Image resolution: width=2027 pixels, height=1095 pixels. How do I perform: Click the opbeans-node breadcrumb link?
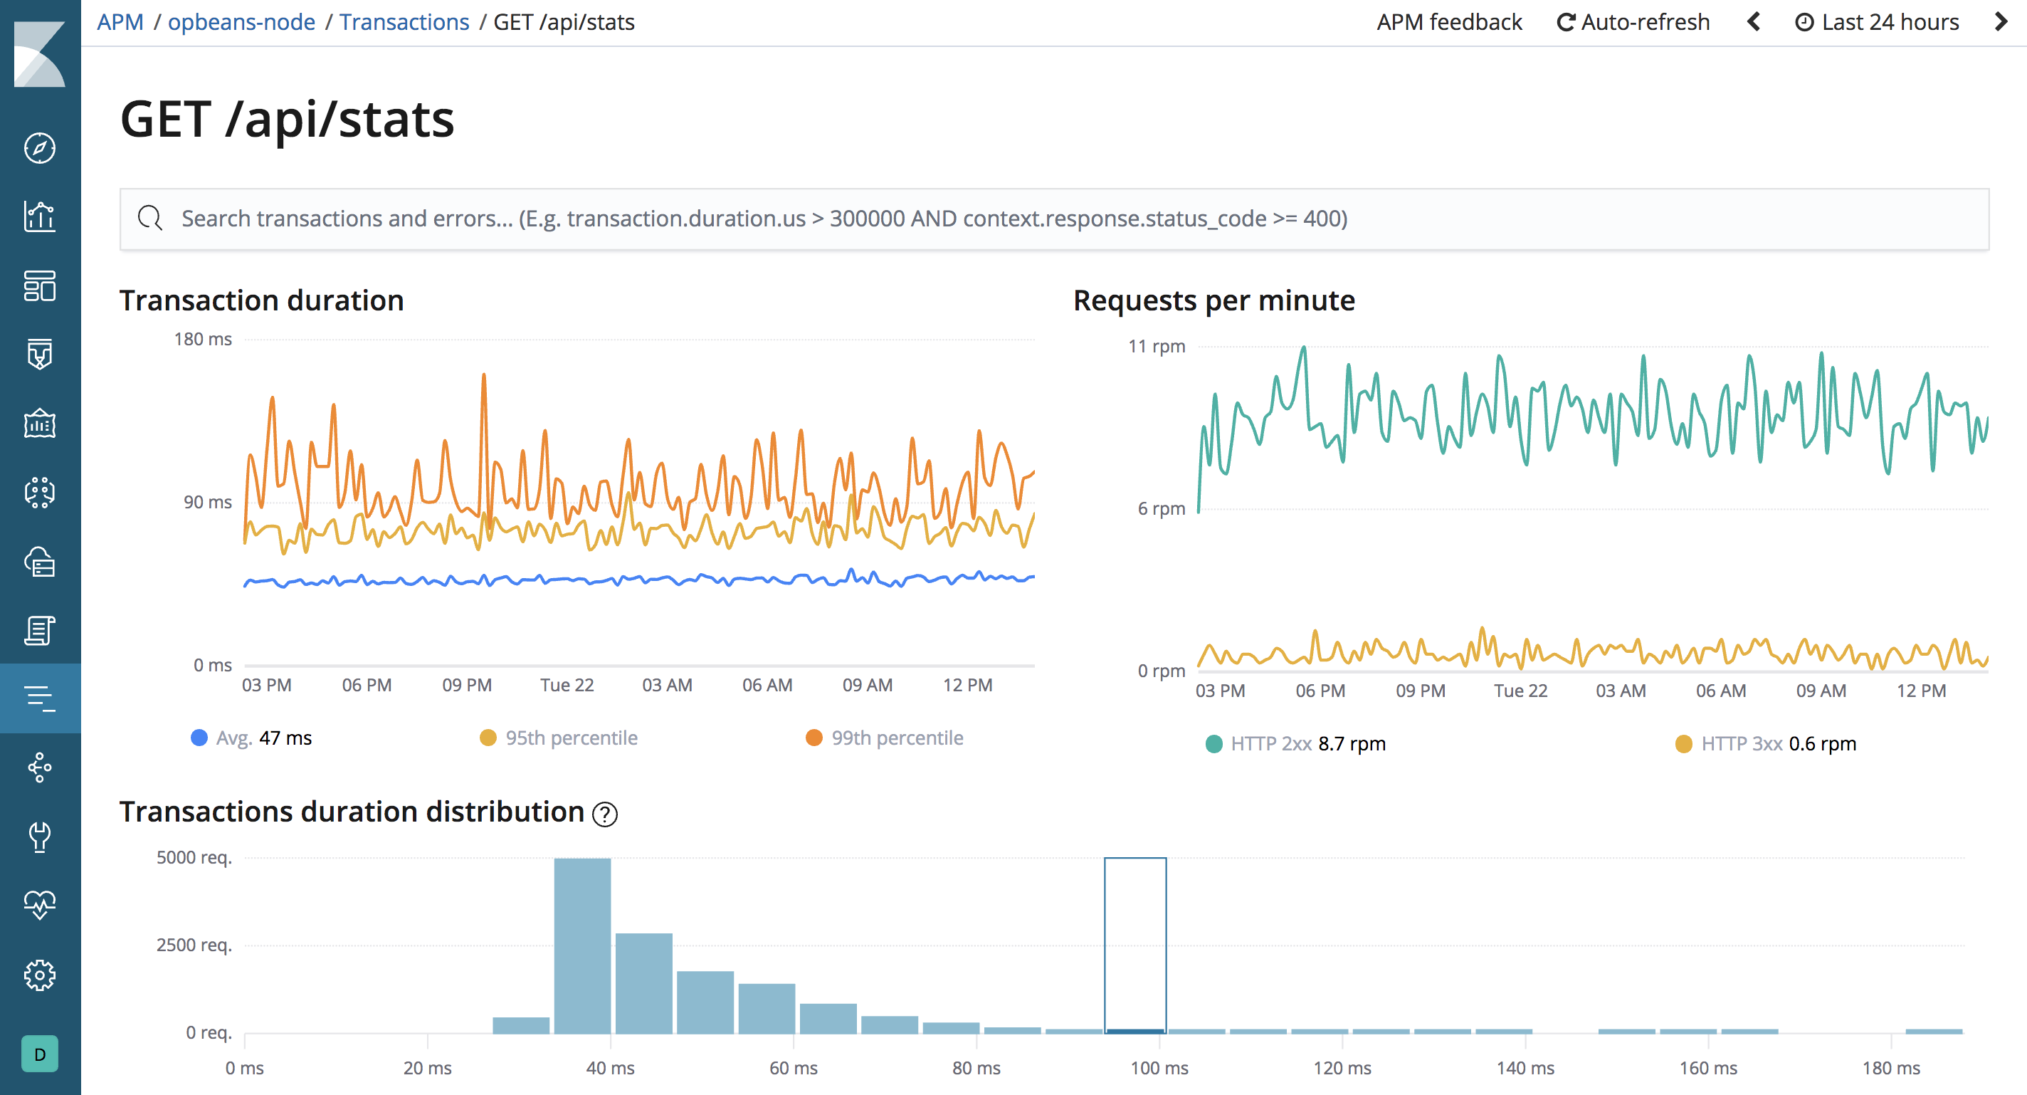point(241,22)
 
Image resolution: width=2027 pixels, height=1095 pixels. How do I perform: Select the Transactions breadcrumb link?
point(404,22)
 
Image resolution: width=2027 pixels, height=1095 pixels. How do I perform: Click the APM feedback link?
point(1448,22)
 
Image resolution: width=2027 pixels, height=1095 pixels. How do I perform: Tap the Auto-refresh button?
point(1633,22)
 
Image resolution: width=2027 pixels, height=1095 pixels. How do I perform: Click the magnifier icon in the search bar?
point(149,218)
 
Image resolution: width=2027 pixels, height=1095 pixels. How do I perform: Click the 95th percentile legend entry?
point(559,738)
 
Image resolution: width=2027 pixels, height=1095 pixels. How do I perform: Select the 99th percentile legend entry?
point(885,738)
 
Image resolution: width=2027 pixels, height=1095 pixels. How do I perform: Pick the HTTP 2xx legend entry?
point(1296,743)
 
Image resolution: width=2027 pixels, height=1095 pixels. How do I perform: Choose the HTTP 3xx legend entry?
point(1766,743)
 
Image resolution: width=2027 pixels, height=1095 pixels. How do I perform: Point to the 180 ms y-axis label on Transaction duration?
point(202,340)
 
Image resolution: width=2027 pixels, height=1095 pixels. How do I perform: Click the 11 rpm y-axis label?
point(1156,346)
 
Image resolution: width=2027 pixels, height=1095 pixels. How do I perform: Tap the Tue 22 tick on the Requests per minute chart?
point(1520,691)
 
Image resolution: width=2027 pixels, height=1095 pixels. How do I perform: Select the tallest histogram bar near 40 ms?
point(582,945)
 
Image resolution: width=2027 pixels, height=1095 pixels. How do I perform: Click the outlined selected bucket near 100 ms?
point(1134,945)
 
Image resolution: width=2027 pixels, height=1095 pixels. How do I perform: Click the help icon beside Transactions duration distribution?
point(604,814)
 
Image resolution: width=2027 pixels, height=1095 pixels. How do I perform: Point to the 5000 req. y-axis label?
point(194,857)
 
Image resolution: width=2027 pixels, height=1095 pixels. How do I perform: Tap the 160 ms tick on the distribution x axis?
point(1707,1067)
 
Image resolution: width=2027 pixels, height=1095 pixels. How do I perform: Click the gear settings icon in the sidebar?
point(40,975)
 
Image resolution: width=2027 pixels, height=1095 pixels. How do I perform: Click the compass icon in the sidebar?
point(40,148)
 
